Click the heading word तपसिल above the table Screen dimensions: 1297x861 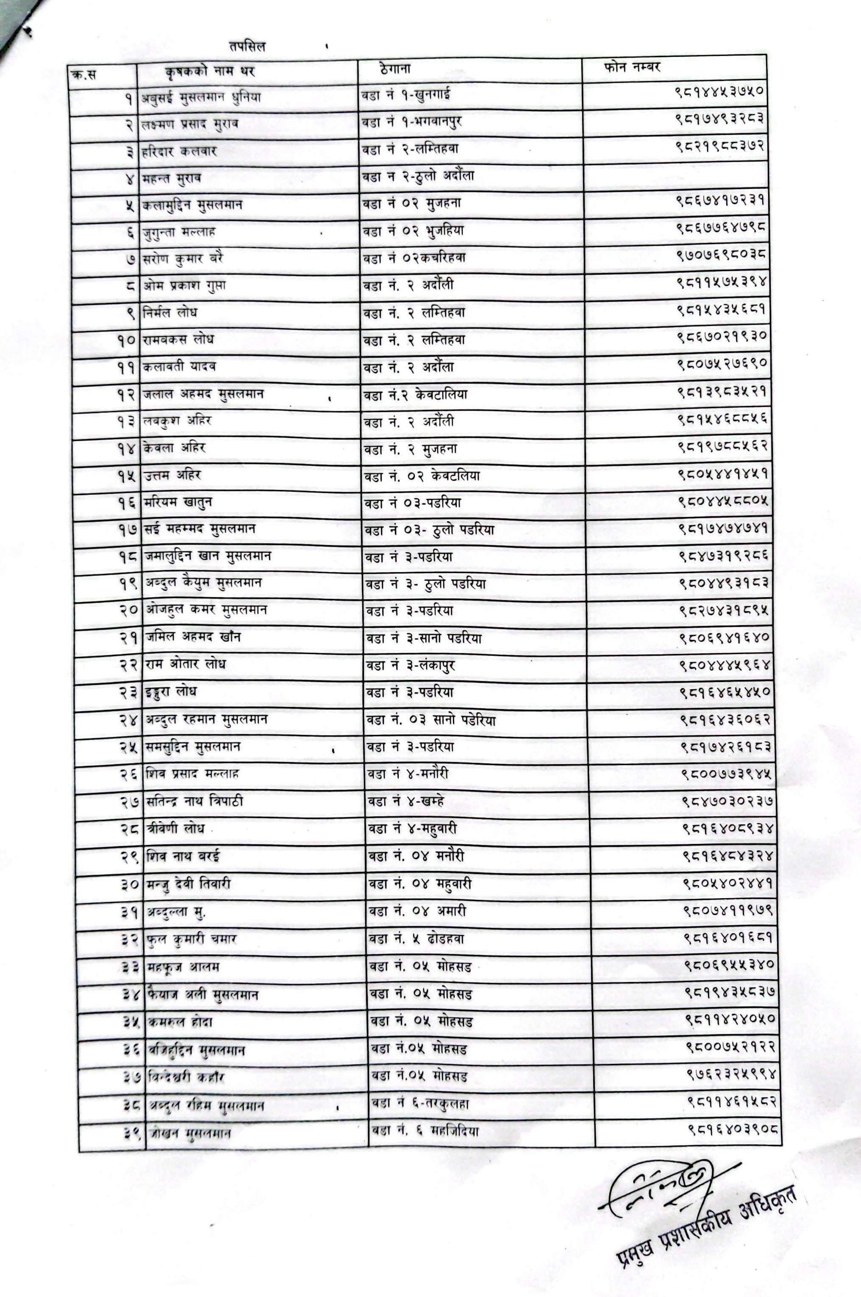247,47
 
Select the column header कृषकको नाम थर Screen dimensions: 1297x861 210,71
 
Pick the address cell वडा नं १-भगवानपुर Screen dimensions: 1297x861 411,122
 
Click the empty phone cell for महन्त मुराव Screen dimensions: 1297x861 674,176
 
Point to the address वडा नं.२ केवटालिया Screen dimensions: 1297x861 414,394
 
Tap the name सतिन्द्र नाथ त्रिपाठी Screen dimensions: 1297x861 195,801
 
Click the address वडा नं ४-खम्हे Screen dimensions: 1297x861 406,801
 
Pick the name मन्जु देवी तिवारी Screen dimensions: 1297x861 188,883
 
